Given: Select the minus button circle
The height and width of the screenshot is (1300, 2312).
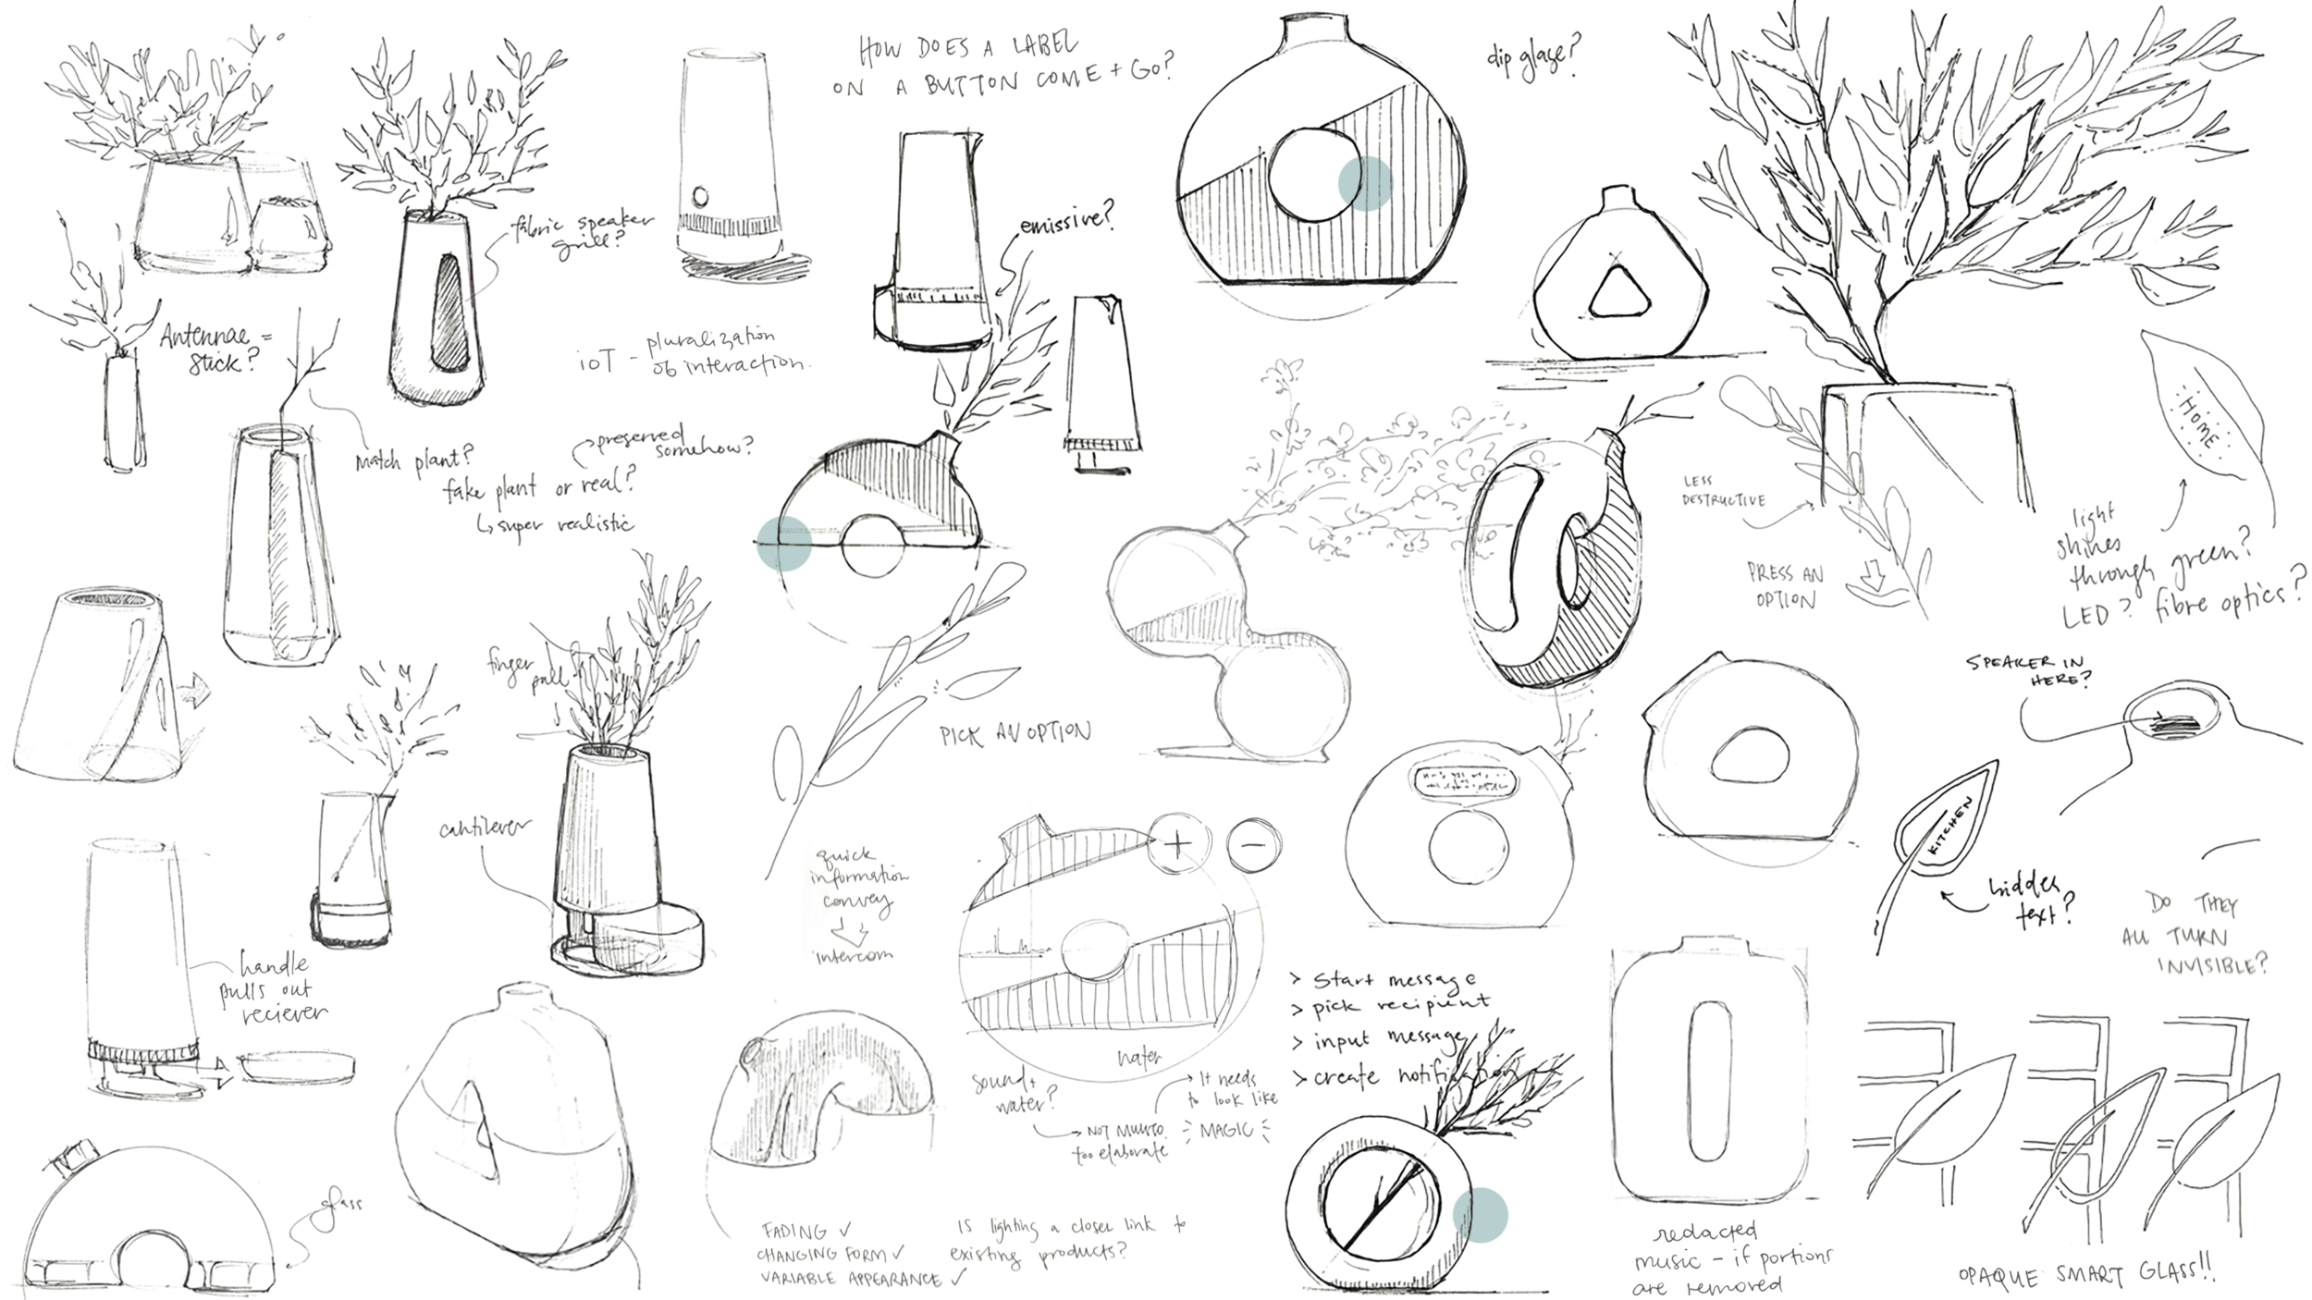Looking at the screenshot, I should point(1253,844).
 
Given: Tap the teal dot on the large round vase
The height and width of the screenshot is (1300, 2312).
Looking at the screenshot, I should point(1365,183).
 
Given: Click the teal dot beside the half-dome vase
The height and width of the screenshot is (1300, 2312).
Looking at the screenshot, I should point(784,541).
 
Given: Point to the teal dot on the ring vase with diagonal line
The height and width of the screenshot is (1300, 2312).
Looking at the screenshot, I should point(1481,1214).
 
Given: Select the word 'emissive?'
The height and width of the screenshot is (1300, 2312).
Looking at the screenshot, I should point(1067,220).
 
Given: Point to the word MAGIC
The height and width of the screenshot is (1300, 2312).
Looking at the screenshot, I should point(1226,1129).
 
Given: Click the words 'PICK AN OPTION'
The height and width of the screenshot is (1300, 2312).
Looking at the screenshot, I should point(1015,735).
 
